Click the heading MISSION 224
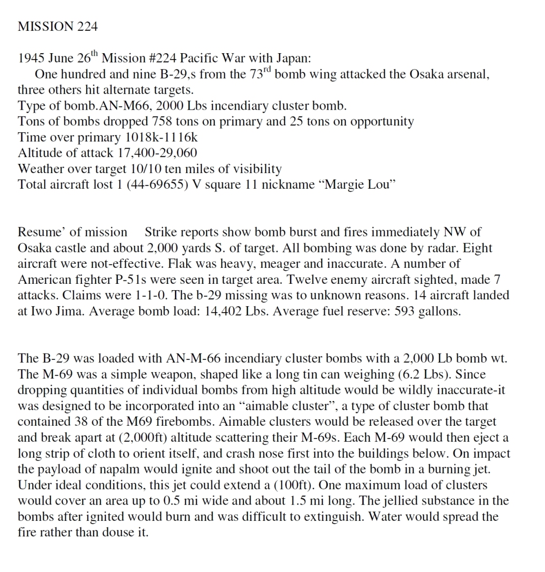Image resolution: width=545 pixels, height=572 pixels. coord(58,26)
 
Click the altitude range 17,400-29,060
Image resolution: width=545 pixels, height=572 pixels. coord(157,153)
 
